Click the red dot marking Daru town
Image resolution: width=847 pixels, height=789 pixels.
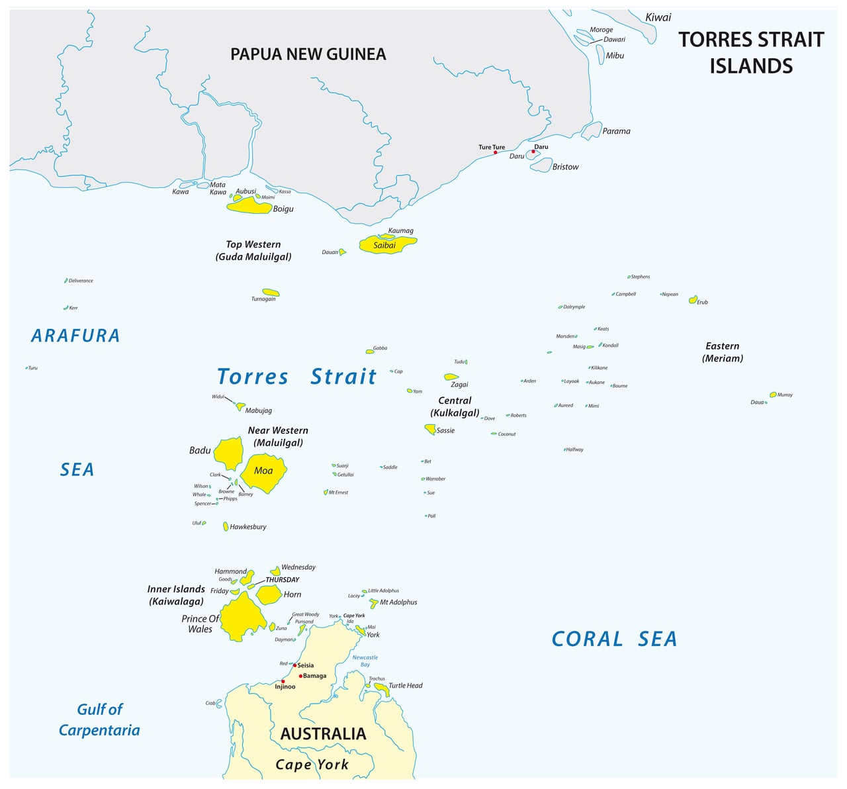coord(533,152)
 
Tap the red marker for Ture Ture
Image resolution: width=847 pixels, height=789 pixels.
coord(495,153)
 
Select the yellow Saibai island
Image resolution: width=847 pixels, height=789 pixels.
coord(387,246)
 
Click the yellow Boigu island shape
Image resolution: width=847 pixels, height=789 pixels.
coord(249,207)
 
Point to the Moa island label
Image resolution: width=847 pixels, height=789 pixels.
coord(263,471)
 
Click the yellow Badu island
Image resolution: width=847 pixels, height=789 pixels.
coord(230,453)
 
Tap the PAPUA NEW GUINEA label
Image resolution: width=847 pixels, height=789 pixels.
coord(308,54)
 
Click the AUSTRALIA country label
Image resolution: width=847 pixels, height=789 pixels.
coord(323,733)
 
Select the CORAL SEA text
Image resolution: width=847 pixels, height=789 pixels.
coord(614,639)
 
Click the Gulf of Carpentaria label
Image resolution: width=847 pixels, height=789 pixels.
coord(99,719)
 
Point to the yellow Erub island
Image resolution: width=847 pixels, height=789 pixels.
coord(693,300)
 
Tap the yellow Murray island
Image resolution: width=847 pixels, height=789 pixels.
coord(773,394)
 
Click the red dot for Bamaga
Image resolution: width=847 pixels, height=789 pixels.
coord(300,676)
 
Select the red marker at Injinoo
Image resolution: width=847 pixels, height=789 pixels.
coord(283,681)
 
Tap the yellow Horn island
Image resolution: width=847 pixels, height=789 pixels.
coord(269,594)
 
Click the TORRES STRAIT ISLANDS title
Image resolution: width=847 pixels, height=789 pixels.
coord(751,52)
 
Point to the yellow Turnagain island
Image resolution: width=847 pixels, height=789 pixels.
coord(271,292)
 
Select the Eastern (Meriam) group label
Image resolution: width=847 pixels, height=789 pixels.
coord(722,352)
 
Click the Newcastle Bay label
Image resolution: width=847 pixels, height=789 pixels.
coord(365,661)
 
